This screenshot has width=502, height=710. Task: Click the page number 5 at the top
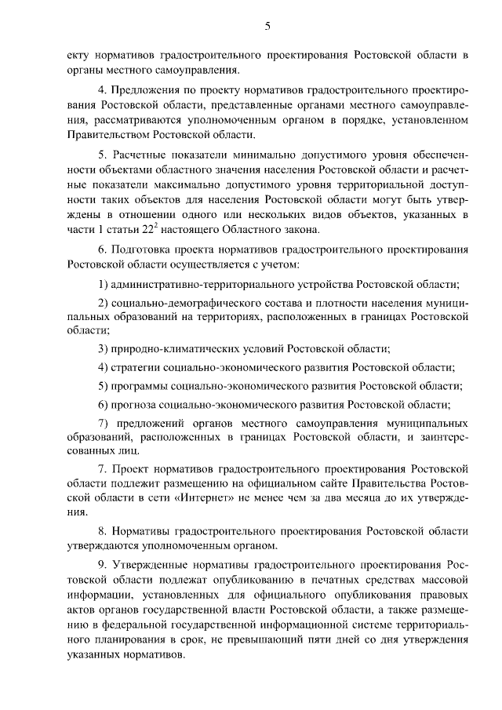[x=267, y=27]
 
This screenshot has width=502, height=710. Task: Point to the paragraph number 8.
[x=102, y=531]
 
